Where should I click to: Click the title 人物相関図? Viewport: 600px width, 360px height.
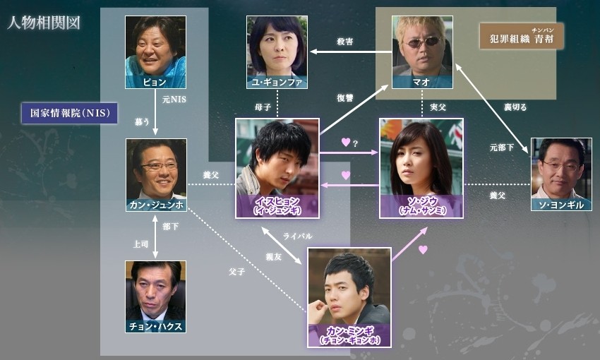pos(44,22)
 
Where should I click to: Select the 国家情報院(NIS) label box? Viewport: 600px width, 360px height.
pos(69,113)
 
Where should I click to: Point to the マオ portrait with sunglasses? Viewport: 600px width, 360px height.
pos(422,46)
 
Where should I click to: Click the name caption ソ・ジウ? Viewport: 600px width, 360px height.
pos(421,201)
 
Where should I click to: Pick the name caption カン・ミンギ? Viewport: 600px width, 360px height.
pos(349,331)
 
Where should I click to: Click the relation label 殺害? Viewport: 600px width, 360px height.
pos(345,42)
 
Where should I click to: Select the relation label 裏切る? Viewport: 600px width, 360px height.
pos(515,107)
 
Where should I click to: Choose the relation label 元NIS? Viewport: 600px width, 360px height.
pos(172,100)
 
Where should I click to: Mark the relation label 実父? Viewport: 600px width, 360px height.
pos(438,107)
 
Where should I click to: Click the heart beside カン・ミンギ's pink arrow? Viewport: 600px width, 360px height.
pos(423,249)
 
